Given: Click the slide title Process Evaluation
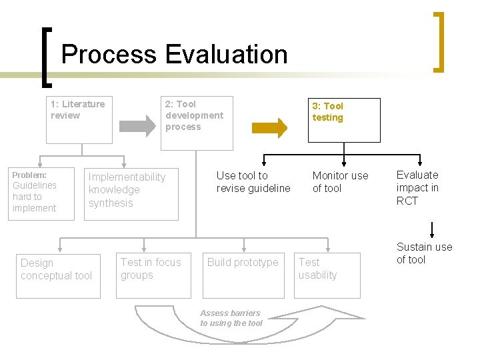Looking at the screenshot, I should (174, 54).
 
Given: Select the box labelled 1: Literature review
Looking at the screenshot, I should (79, 119).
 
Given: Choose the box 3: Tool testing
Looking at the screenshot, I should (343, 120).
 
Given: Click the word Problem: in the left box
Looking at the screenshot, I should (29, 175).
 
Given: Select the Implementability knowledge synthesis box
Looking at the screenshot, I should (131, 193).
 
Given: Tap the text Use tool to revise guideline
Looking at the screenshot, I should (253, 182).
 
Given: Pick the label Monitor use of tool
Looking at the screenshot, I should (340, 182).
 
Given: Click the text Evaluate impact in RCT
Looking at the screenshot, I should (417, 188).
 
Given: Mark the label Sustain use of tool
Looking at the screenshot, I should (424, 253).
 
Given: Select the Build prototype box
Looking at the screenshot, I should (243, 275).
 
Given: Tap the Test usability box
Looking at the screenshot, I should (329, 275).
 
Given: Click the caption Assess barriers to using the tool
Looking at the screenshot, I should (231, 318).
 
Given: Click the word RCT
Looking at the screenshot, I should (407, 201).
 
